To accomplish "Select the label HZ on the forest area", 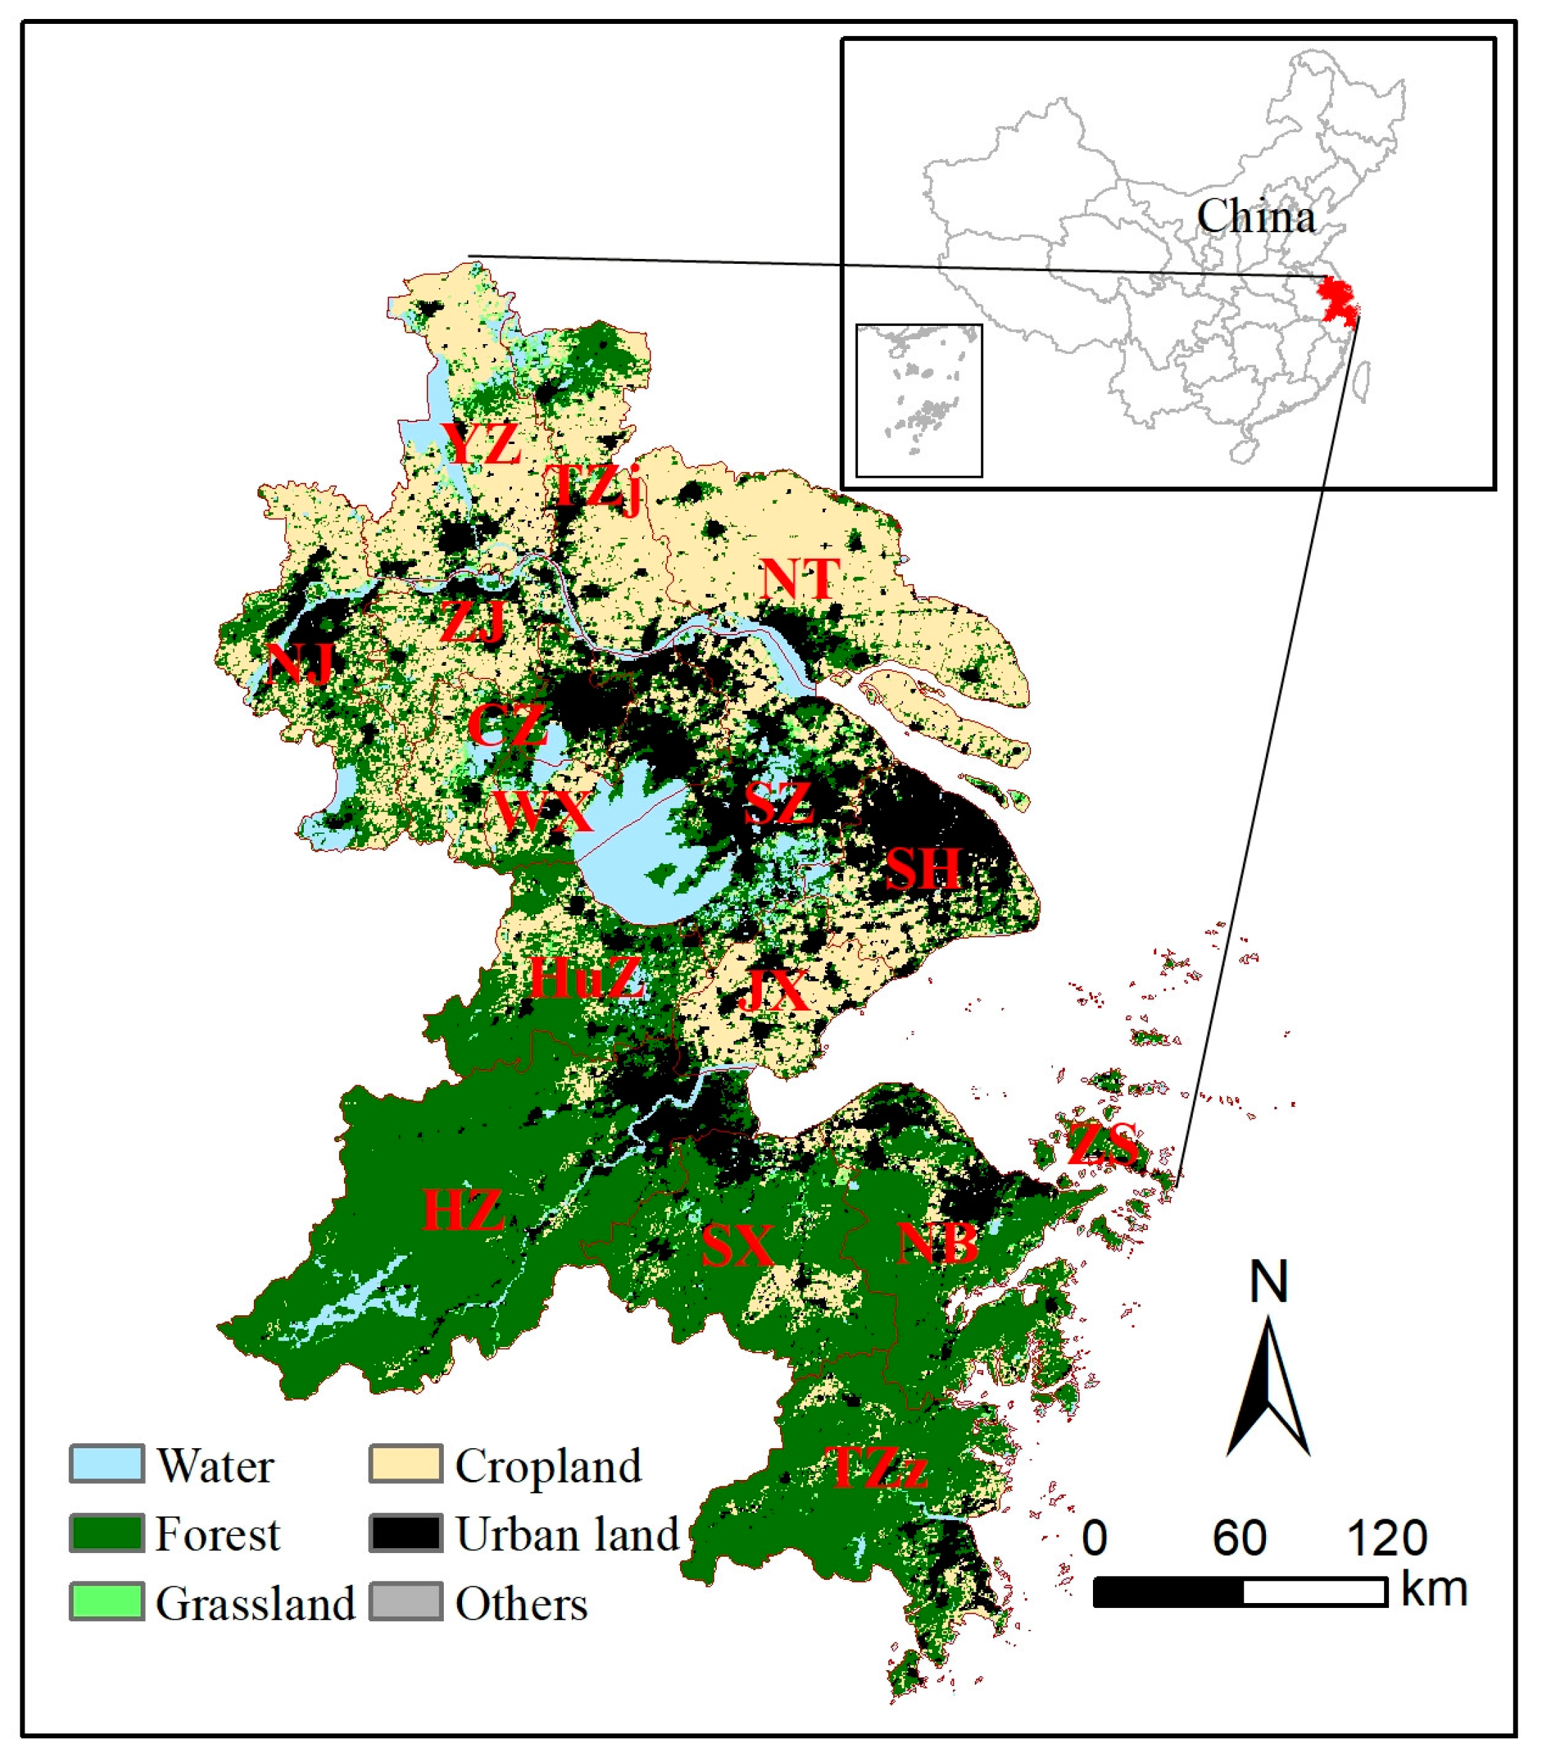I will [462, 1210].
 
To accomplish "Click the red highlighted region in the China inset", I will [1338, 301].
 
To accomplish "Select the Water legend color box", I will [107, 1464].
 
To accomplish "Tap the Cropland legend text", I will [548, 1465].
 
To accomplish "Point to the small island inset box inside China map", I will [919, 400].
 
